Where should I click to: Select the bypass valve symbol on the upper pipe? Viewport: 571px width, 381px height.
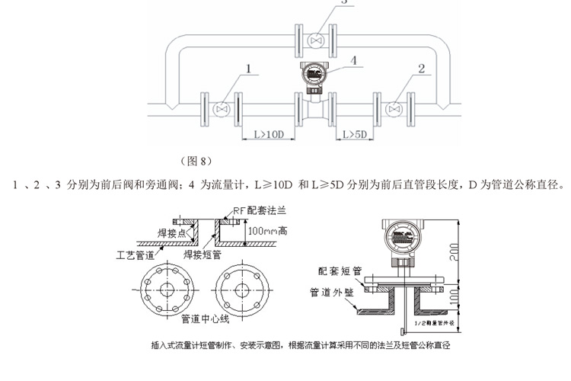(316, 40)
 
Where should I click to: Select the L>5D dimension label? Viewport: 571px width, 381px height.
(354, 135)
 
